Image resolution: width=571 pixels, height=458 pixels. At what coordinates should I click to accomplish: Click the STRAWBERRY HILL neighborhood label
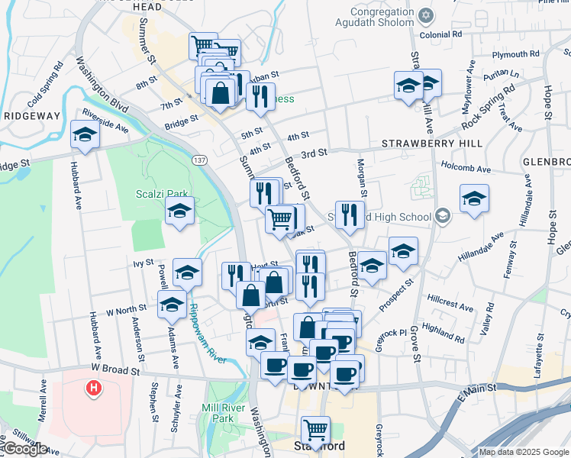tap(429, 144)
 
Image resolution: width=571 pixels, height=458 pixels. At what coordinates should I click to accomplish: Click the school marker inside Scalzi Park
tap(179, 211)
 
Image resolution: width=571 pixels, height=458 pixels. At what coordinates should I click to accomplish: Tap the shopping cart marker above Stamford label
tap(315, 430)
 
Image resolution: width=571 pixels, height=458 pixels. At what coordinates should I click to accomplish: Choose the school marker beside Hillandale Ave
tap(474, 199)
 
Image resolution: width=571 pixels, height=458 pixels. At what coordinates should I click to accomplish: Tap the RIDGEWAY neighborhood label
tap(31, 115)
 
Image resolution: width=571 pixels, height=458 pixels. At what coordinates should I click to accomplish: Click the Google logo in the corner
tap(24, 449)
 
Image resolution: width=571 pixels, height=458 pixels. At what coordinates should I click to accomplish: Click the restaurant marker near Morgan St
tap(350, 215)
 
